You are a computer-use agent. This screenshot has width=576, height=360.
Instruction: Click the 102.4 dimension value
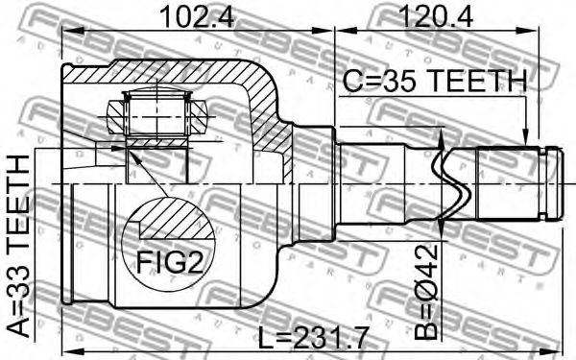point(197,16)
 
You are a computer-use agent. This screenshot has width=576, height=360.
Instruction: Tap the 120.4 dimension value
point(436,16)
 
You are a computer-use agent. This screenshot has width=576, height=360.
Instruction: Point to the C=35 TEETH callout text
point(435,81)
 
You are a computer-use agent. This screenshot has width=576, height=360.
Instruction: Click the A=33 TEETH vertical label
point(18,247)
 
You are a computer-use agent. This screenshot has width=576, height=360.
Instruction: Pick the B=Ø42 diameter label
point(426,291)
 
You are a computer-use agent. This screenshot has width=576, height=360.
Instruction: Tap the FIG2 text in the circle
point(170,261)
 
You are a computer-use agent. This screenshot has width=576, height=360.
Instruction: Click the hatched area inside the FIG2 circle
point(177,220)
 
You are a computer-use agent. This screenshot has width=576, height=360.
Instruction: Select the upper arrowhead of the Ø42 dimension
point(442,139)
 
